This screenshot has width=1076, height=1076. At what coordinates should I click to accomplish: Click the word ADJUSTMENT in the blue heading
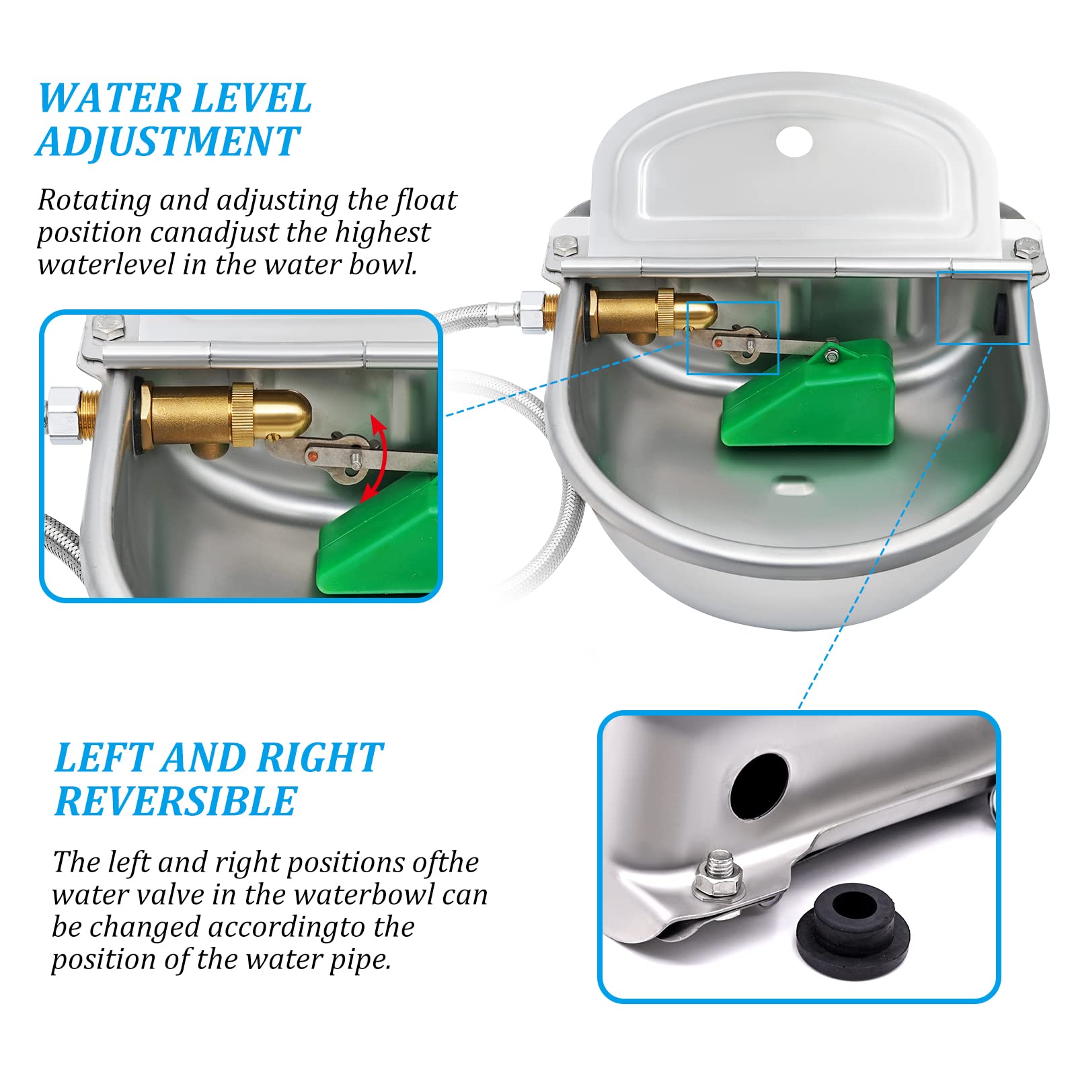tap(168, 141)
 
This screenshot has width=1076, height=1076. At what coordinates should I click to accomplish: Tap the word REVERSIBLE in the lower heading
tap(176, 801)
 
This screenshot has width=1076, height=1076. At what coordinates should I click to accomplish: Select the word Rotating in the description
tap(94, 201)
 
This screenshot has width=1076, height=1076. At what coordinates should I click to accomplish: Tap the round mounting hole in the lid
tap(794, 141)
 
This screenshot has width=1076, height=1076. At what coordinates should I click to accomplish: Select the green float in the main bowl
tap(807, 393)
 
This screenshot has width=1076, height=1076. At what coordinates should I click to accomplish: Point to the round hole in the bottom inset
tap(759, 785)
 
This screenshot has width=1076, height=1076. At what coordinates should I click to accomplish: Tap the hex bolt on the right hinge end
tap(1026, 248)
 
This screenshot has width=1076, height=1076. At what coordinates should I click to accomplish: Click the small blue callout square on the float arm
tap(732, 338)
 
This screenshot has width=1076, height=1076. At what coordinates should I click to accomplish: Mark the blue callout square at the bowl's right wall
tap(983, 307)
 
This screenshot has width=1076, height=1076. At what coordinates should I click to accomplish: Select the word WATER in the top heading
tap(108, 98)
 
